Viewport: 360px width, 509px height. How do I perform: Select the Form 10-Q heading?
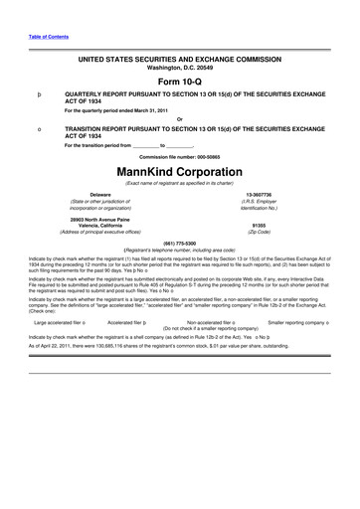pos(180,81)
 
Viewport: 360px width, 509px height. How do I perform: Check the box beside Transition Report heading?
pos(37,130)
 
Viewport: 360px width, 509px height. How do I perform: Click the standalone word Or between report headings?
pos(179,119)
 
